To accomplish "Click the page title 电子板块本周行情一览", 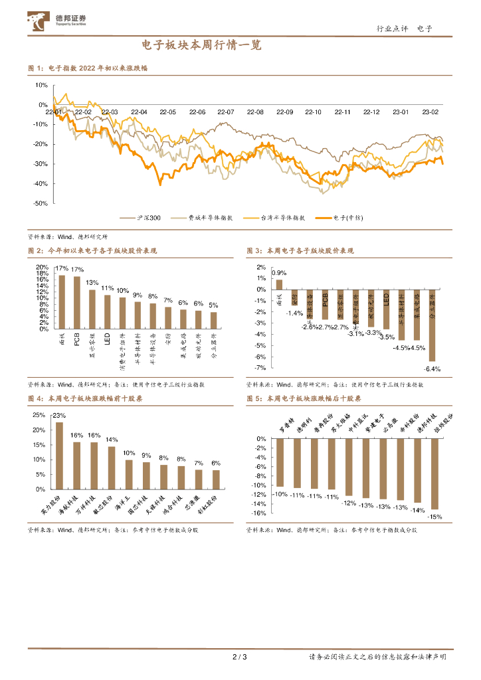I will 202,46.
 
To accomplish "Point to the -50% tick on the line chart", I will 40,203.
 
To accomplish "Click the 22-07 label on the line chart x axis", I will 226,113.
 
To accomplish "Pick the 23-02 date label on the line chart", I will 431,113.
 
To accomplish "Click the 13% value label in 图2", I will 92,283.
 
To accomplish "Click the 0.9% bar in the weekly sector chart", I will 279,284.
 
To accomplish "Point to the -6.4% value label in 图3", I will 433,369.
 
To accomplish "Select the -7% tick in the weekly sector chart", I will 260,367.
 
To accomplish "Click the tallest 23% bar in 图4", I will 59,455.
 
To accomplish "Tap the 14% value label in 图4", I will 112,440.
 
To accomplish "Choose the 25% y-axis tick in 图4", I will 39,415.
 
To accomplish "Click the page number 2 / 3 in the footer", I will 240,657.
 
